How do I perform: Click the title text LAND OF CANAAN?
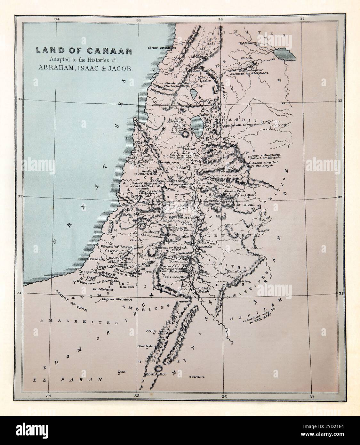(x=79, y=50)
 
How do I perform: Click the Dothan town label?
(x=189, y=149)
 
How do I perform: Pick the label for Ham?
(x=249, y=195)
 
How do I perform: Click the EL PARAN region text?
(x=68, y=380)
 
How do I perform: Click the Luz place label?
(x=121, y=372)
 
